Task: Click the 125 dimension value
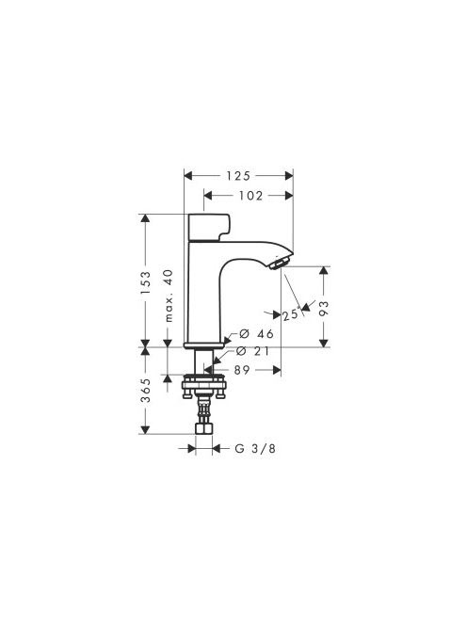click(238, 176)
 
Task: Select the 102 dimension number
click(250, 196)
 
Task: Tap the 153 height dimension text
click(146, 282)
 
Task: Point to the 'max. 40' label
click(169, 296)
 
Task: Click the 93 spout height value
click(324, 308)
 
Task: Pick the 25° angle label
click(290, 314)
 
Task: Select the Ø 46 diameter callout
click(256, 333)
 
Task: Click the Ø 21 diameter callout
click(252, 351)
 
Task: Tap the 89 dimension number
click(242, 370)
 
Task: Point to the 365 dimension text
click(146, 391)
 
